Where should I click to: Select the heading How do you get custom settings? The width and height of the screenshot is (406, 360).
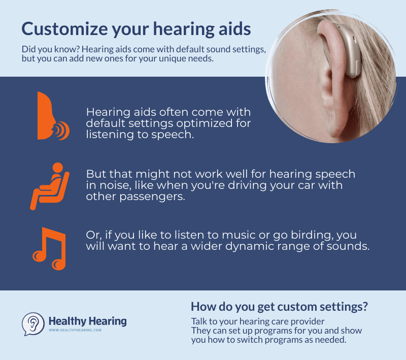(x=279, y=307)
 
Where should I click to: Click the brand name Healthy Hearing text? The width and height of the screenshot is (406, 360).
(x=87, y=321)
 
